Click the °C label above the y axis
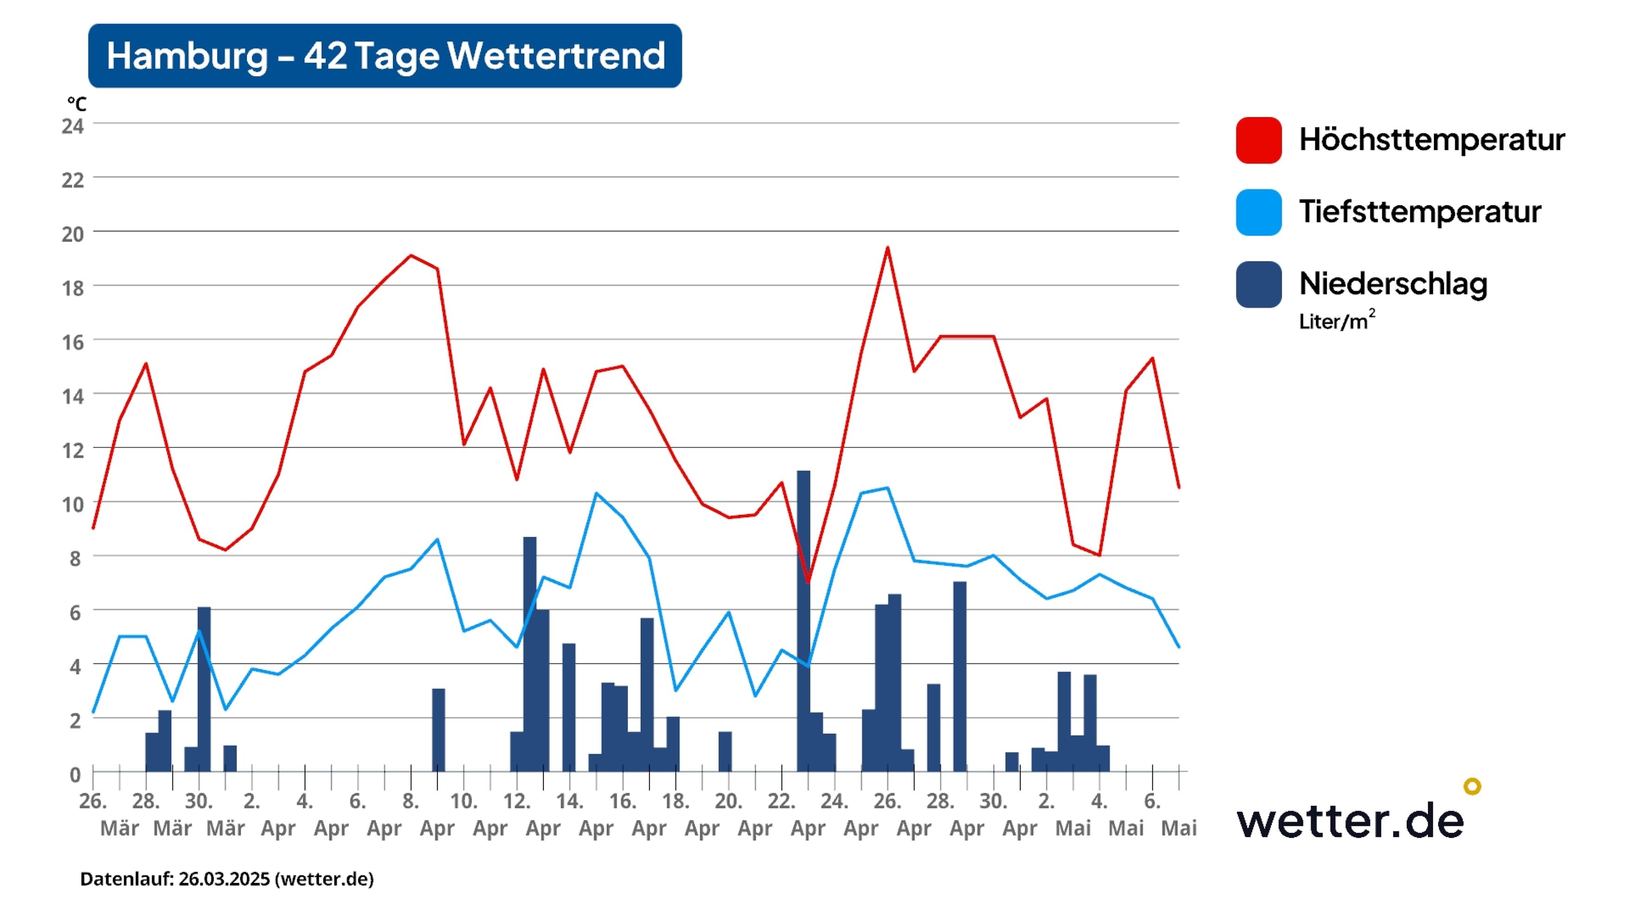point(77,104)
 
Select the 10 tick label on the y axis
point(73,504)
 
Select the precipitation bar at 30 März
point(204,689)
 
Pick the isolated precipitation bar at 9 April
point(438,730)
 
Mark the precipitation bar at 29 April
point(959,676)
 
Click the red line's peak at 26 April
point(887,248)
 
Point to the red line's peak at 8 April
point(411,255)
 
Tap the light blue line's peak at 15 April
point(596,493)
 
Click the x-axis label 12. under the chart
point(517,801)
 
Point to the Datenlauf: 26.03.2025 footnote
point(226,879)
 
